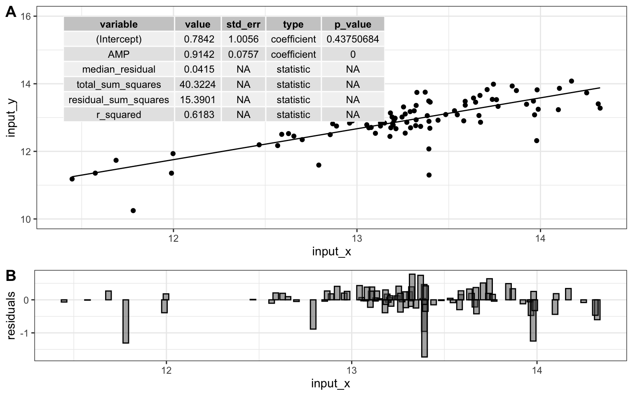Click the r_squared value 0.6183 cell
tap(197, 115)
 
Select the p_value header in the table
tap(352, 24)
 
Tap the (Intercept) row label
tap(119, 39)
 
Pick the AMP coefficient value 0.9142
tap(197, 54)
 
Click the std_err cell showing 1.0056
tap(243, 39)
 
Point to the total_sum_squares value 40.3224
tap(197, 85)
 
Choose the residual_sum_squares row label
tap(119, 100)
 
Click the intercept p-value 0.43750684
tap(352, 39)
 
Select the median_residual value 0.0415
tap(197, 69)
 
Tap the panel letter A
tap(11, 12)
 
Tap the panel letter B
tap(11, 276)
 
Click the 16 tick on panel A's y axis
tap(26, 16)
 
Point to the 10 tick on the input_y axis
tap(26, 219)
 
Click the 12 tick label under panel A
tap(173, 238)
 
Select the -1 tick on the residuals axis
tap(23, 333)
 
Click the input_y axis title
tap(11, 118)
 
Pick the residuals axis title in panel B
tap(11, 316)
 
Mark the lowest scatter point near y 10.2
tap(133, 211)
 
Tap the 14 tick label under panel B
tap(537, 370)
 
